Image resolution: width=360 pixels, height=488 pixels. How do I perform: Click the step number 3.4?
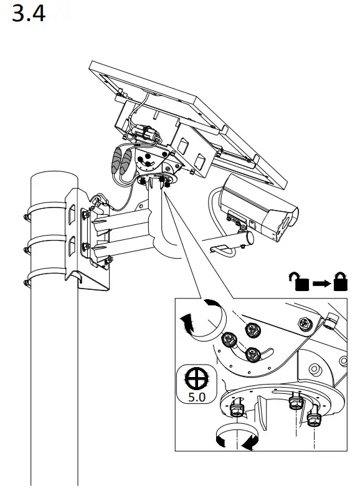tap(29, 14)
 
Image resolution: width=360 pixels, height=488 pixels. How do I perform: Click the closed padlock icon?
tap(340, 281)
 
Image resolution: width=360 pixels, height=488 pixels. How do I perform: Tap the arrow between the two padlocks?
tap(321, 284)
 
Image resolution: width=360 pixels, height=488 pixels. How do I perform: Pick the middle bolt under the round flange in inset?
tap(295, 403)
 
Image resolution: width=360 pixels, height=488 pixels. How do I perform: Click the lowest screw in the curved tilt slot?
tap(252, 354)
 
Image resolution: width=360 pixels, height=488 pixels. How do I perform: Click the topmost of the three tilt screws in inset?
tap(252, 328)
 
